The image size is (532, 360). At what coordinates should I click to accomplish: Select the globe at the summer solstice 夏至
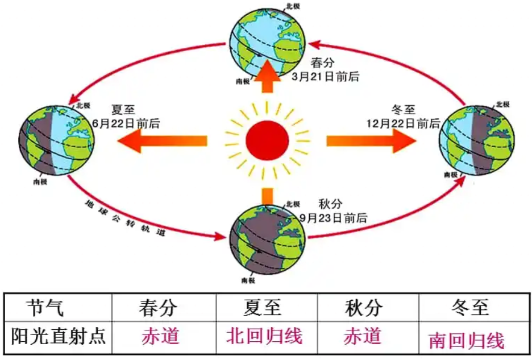56,142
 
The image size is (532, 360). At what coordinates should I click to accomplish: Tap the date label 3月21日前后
325,76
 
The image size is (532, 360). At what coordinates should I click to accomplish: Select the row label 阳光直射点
58,337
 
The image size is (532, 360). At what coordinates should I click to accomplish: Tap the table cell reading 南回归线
466,340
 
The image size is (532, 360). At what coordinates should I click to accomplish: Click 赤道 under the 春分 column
160,336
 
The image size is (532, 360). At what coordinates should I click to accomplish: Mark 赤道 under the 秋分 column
362,336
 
